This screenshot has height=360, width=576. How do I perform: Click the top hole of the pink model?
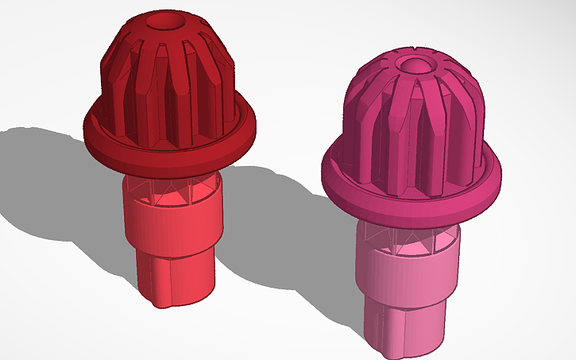coord(414,64)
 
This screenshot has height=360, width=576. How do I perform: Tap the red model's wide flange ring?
coord(171,155)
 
